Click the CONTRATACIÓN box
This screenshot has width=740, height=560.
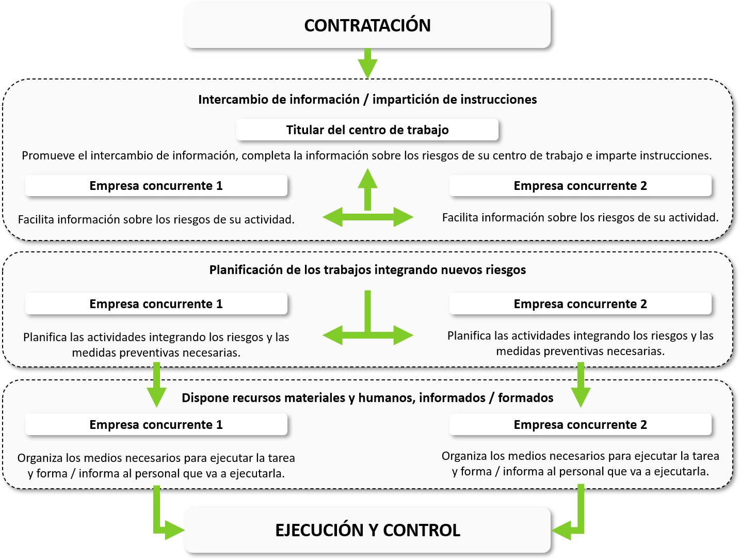(367, 25)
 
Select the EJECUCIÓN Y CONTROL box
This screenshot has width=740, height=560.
(367, 530)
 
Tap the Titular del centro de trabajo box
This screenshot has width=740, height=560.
(367, 130)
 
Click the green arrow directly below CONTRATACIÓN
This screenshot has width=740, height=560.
(367, 63)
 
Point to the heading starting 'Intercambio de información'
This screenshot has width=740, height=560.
(367, 100)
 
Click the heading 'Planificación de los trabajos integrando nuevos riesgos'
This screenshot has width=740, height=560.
(367, 270)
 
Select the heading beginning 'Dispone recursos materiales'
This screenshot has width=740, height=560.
(367, 398)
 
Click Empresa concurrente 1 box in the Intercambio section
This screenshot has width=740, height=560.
(156, 186)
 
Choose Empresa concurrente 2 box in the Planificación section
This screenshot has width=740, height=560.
(580, 304)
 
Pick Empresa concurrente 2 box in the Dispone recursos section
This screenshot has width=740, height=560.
(580, 424)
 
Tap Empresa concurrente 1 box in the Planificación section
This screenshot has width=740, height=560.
(156, 304)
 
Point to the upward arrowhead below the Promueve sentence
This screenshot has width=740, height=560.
(367, 178)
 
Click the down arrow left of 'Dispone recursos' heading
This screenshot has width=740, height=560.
(156, 385)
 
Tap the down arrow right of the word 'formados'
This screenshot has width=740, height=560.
(581, 385)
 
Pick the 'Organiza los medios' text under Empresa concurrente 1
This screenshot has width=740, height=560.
(156, 466)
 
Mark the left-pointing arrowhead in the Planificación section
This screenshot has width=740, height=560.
(332, 335)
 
